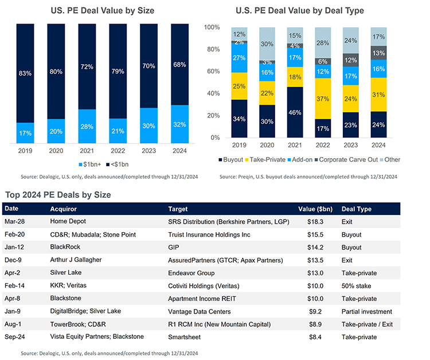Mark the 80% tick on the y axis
pos(212,50)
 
